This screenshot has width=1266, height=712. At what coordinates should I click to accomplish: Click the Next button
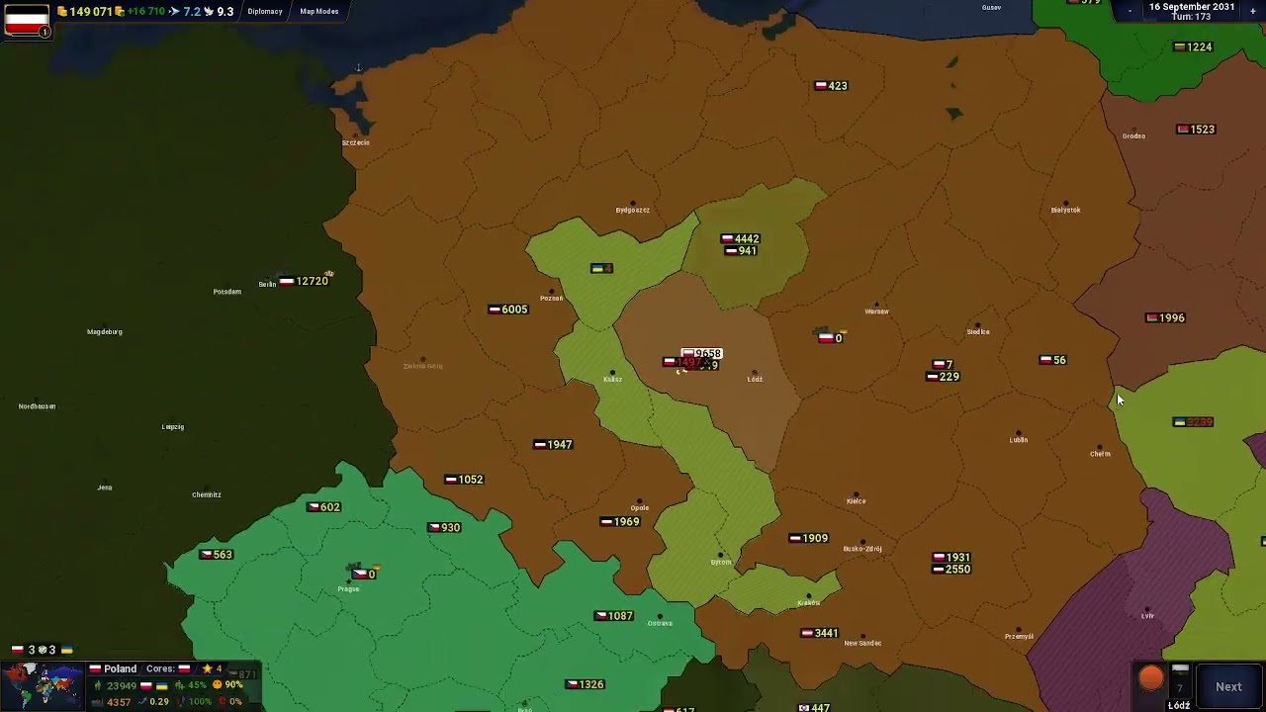click(1228, 686)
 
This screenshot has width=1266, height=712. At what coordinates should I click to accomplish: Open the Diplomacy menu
click(265, 12)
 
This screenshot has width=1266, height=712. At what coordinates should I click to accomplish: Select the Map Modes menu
click(319, 12)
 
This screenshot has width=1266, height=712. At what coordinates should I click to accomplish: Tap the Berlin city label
click(267, 285)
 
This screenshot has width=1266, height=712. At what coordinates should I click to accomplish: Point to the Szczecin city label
click(355, 142)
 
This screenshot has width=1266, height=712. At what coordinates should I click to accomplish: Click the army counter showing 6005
click(508, 310)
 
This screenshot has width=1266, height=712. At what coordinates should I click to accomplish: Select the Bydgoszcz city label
click(632, 210)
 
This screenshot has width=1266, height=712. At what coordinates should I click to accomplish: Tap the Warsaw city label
click(876, 311)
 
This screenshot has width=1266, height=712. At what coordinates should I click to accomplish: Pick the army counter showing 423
click(831, 86)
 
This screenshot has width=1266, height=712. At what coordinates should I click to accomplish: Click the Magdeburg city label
click(105, 332)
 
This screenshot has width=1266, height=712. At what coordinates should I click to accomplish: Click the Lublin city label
click(1018, 440)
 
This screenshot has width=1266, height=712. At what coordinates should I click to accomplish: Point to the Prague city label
click(348, 589)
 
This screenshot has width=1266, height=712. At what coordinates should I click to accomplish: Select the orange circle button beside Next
click(1151, 678)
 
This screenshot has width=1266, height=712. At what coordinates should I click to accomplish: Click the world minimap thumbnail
click(43, 685)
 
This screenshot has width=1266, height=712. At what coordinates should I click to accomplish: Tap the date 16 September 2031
click(1191, 7)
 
